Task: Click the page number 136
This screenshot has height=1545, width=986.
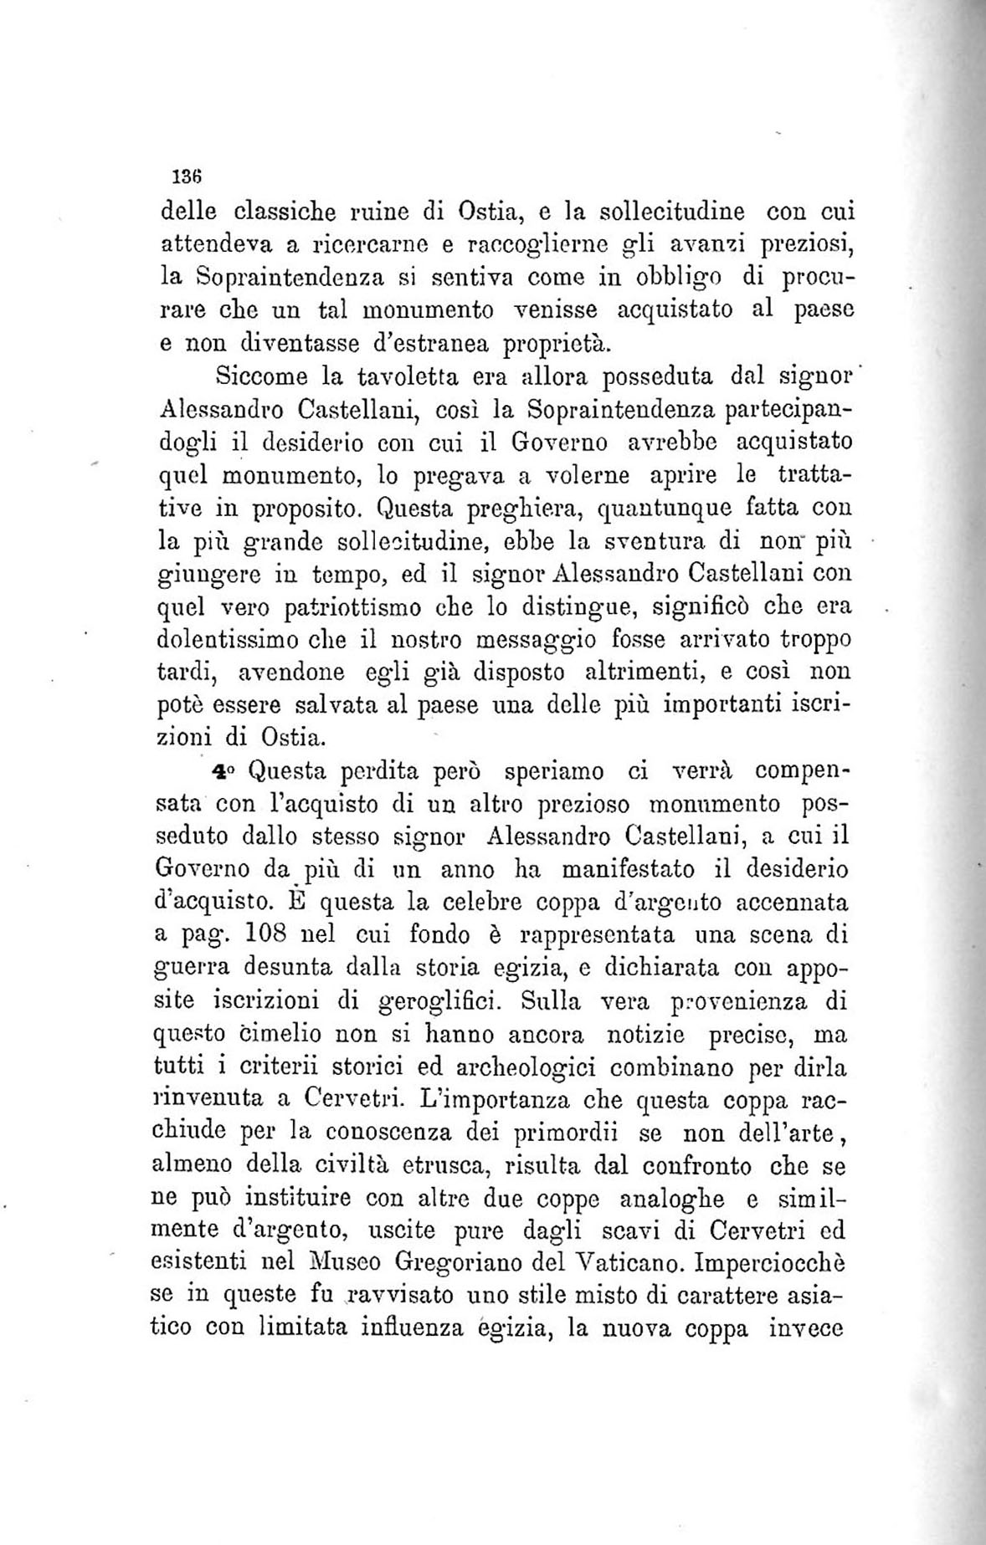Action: [x=182, y=177]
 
